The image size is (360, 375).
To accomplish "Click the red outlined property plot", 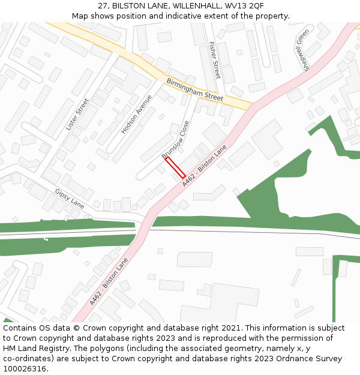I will coord(175,168).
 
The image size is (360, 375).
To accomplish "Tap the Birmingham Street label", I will coord(194,89).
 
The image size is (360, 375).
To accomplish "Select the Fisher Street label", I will coord(215,60).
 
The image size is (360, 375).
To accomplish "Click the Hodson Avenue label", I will coord(136,114).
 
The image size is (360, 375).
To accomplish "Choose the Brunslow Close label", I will coord(176,139).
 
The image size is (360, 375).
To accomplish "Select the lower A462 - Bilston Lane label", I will coord(109,281).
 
